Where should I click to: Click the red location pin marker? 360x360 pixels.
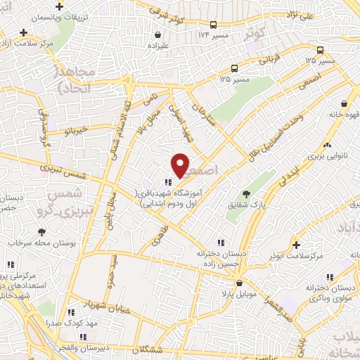(x=181, y=166)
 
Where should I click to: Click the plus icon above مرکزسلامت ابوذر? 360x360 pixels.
(x=297, y=245)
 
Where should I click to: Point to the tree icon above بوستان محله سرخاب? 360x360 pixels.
(x=41, y=231)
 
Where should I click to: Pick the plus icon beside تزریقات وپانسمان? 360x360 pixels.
(x=24, y=32)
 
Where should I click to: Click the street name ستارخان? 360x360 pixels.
(x=202, y=115)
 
